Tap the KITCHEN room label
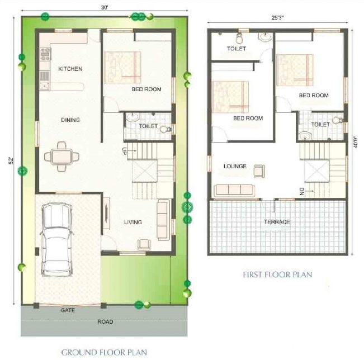70,69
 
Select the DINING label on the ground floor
70,120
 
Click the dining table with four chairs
60,156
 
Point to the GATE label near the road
68,309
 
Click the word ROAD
105,321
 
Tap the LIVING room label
133,222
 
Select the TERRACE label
277,222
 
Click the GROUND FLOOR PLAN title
104,352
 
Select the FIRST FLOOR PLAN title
277,274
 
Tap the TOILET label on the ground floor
148,126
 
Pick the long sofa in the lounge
230,188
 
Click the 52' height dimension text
11,160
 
